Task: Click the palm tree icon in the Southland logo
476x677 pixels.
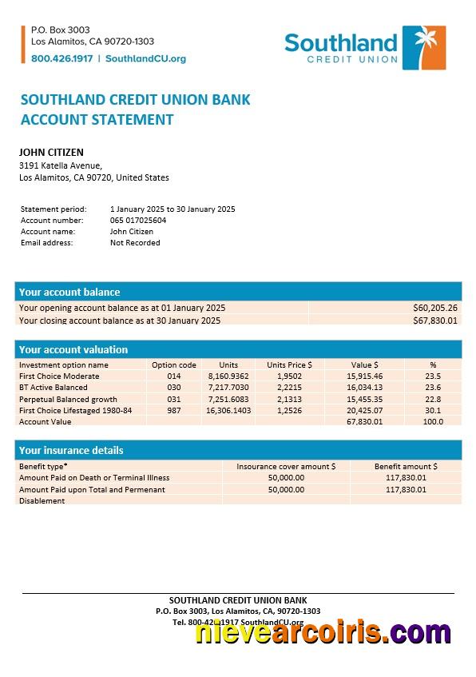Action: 423,47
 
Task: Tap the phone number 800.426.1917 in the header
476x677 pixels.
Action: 62,58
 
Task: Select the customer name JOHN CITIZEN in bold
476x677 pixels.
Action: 51,153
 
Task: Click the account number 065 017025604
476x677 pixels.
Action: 138,220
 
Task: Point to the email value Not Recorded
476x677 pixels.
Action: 135,242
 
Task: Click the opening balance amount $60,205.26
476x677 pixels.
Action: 434,308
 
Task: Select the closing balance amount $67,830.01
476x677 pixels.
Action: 434,321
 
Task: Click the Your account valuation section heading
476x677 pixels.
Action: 73,349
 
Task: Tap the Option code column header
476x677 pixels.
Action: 174,364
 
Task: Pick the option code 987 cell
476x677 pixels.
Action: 174,410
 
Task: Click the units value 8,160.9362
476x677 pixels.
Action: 228,376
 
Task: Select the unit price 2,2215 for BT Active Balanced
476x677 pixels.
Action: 289,388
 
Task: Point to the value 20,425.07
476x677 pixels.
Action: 364,410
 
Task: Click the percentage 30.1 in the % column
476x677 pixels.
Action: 433,410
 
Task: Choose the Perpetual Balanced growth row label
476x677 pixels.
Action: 68,399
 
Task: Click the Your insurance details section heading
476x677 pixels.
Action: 71,450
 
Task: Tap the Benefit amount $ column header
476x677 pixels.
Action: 406,466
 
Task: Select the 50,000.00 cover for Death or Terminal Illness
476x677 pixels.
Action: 286,477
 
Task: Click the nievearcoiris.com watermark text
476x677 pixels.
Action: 323,632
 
